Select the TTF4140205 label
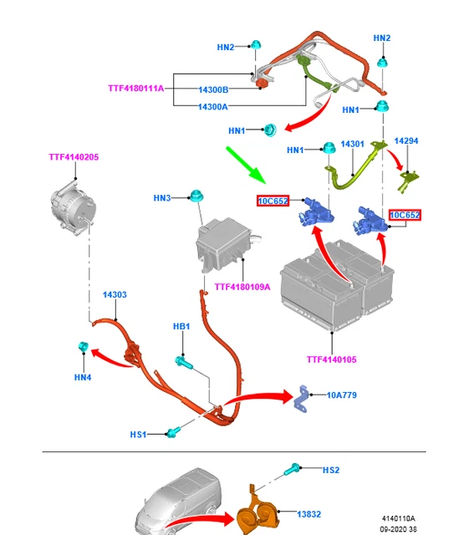click(74, 157)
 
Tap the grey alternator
click(73, 208)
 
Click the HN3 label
click(161, 198)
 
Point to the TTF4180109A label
click(242, 287)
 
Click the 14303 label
click(115, 294)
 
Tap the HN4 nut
click(84, 346)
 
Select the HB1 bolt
click(184, 362)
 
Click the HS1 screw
click(172, 433)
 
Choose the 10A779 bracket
click(301, 399)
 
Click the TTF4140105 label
click(331, 359)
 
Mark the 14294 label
click(406, 141)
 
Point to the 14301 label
click(352, 144)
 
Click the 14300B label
click(213, 89)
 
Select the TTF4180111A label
click(136, 89)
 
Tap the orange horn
click(258, 509)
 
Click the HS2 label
click(331, 470)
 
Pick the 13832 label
click(308, 514)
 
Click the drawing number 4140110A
click(398, 518)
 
